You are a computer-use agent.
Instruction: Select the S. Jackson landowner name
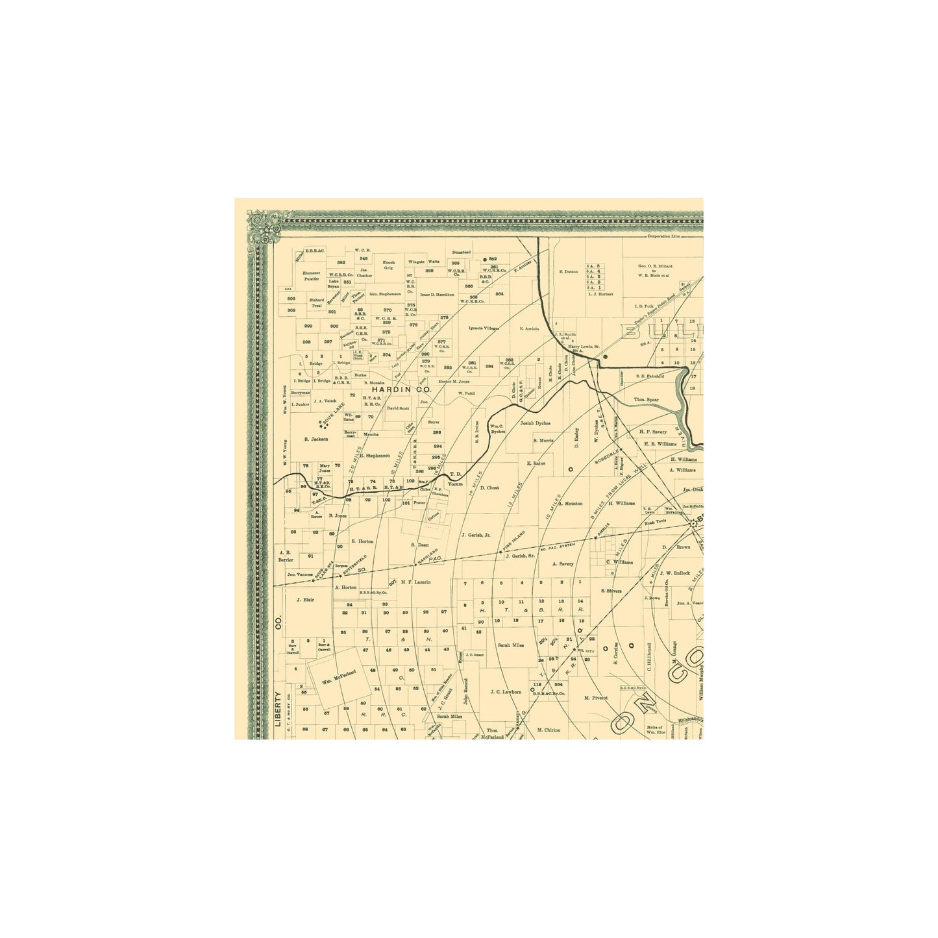pos(316,439)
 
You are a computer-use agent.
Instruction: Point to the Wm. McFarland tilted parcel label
pos(339,676)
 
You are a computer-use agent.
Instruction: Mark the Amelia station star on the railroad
pos(595,537)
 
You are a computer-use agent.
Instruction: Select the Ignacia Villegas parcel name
pos(484,328)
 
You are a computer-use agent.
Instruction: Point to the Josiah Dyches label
pos(535,423)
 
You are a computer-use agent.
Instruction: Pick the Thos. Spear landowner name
pos(646,400)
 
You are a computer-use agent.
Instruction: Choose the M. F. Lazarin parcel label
pos(415,582)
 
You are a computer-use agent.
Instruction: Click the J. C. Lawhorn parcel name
pos(506,692)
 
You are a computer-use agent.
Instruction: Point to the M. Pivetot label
pos(595,698)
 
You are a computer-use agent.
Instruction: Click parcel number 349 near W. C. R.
pos(364,258)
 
